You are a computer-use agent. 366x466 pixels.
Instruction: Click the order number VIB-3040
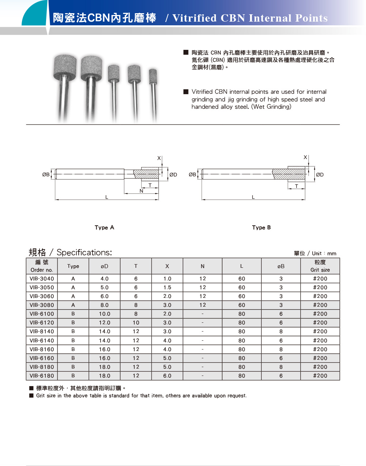42,279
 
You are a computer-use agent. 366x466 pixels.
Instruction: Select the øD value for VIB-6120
104,323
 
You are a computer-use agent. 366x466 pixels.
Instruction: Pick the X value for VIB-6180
167,376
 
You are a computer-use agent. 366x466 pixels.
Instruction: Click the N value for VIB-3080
202,305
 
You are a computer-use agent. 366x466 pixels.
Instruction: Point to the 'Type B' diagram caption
261,228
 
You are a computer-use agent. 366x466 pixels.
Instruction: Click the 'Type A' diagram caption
104,228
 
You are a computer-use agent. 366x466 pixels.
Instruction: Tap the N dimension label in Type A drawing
141,191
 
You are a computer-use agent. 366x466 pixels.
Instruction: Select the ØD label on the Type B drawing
320,175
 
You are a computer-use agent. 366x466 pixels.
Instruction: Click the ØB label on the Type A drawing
46,175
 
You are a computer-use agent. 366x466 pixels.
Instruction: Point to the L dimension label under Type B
253,197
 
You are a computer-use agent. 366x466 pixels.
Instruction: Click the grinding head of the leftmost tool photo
65,67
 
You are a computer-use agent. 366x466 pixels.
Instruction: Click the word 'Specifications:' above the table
84,252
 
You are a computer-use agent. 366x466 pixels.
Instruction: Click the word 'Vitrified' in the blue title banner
194,18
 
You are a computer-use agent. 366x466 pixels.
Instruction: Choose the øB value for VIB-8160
281,349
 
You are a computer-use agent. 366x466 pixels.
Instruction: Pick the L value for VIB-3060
242,296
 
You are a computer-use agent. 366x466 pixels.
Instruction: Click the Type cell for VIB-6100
73,314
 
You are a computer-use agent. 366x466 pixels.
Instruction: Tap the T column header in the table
136,266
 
